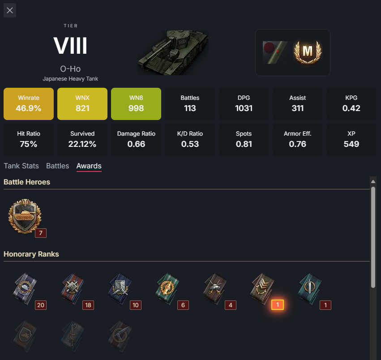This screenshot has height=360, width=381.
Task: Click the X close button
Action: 10,10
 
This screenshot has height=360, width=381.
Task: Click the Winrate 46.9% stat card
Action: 29,104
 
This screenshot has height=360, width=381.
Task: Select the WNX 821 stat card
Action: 82,104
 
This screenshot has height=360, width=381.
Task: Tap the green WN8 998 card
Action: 136,104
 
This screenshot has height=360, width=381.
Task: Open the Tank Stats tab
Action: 21,166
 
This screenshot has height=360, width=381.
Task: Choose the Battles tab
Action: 57,166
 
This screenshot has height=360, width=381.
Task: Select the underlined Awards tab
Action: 89,166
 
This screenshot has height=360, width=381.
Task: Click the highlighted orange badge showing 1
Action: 278,305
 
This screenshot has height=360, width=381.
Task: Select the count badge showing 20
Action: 41,305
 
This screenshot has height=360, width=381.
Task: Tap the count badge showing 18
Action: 88,305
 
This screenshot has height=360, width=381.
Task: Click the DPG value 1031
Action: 244,108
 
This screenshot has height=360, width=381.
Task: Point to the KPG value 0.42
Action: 351,108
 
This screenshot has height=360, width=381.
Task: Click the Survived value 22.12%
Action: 82,144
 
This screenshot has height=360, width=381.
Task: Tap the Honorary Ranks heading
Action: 31,254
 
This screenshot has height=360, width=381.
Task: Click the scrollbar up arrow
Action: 373,181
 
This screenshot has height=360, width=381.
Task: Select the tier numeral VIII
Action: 70,46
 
